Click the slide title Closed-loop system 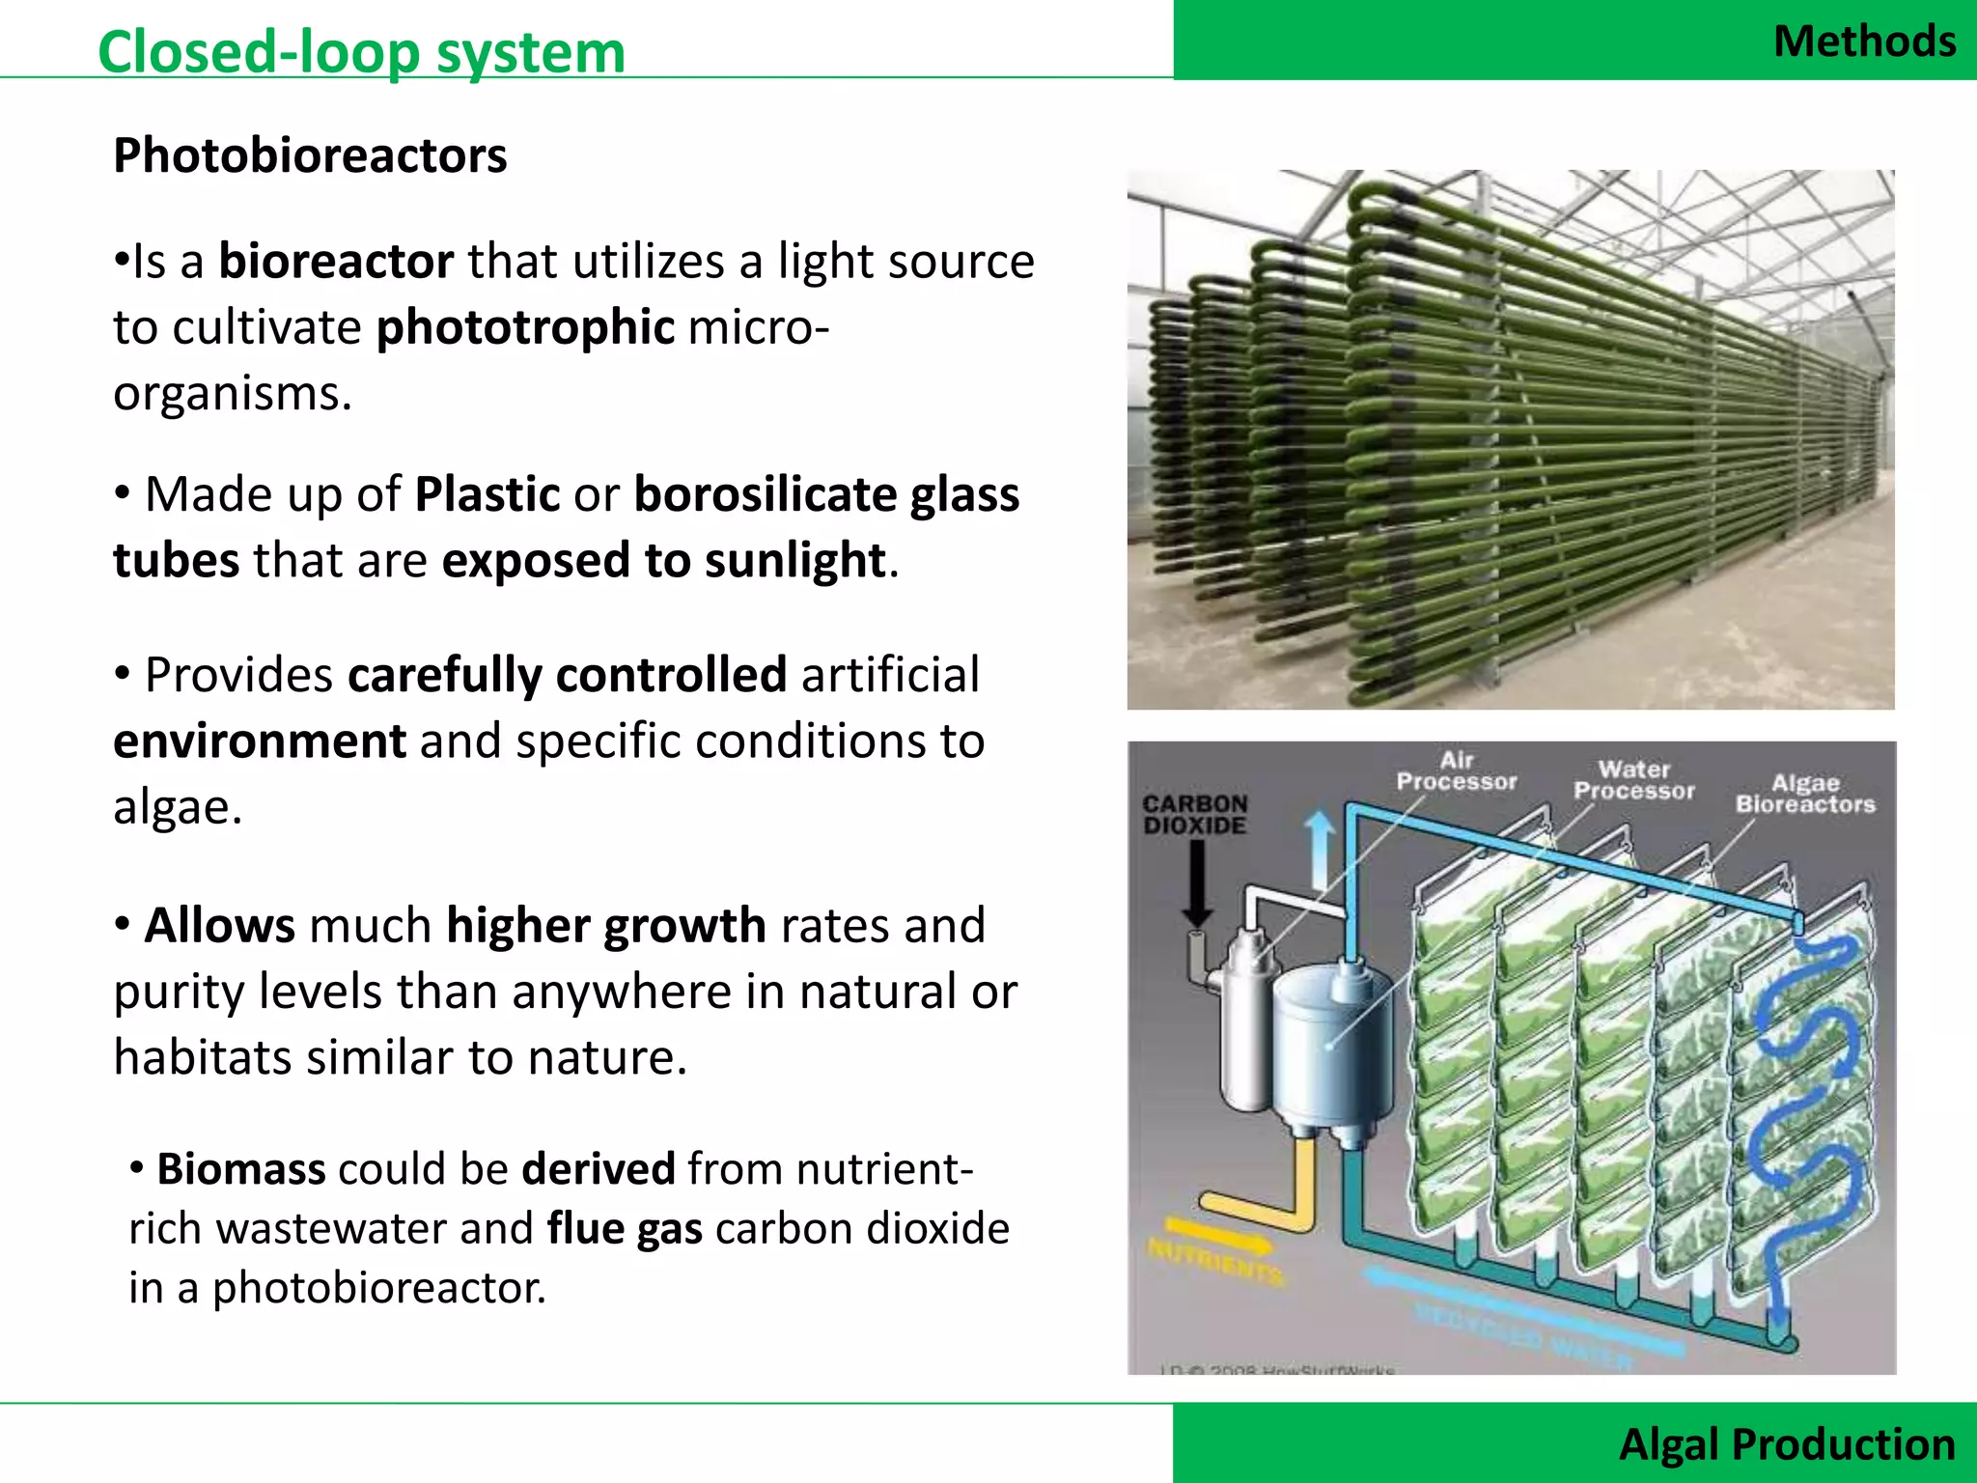coord(361,51)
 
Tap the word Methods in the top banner coord(1864,42)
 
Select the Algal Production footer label coord(1787,1443)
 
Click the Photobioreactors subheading coord(310,155)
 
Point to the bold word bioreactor coord(336,262)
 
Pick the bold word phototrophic coord(525,327)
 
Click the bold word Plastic coord(487,494)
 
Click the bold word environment coord(260,741)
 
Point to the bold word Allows coord(219,925)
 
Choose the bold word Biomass coord(241,1168)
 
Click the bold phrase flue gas coord(625,1229)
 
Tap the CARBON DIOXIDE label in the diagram coord(1195,814)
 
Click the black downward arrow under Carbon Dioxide coord(1197,883)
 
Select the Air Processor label coord(1457,771)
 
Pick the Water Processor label coord(1633,780)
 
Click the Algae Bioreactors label coord(1805,794)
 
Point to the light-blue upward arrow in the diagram coord(1320,850)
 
